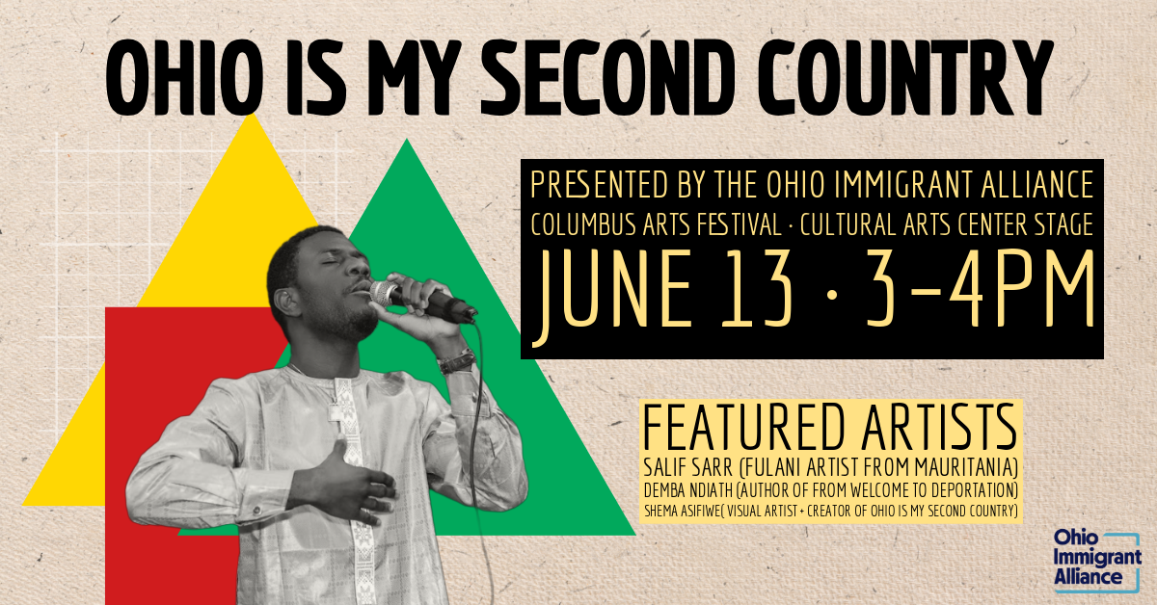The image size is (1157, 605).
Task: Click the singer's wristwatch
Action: [x=456, y=362]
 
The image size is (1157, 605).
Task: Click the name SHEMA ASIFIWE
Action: [x=686, y=510]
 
